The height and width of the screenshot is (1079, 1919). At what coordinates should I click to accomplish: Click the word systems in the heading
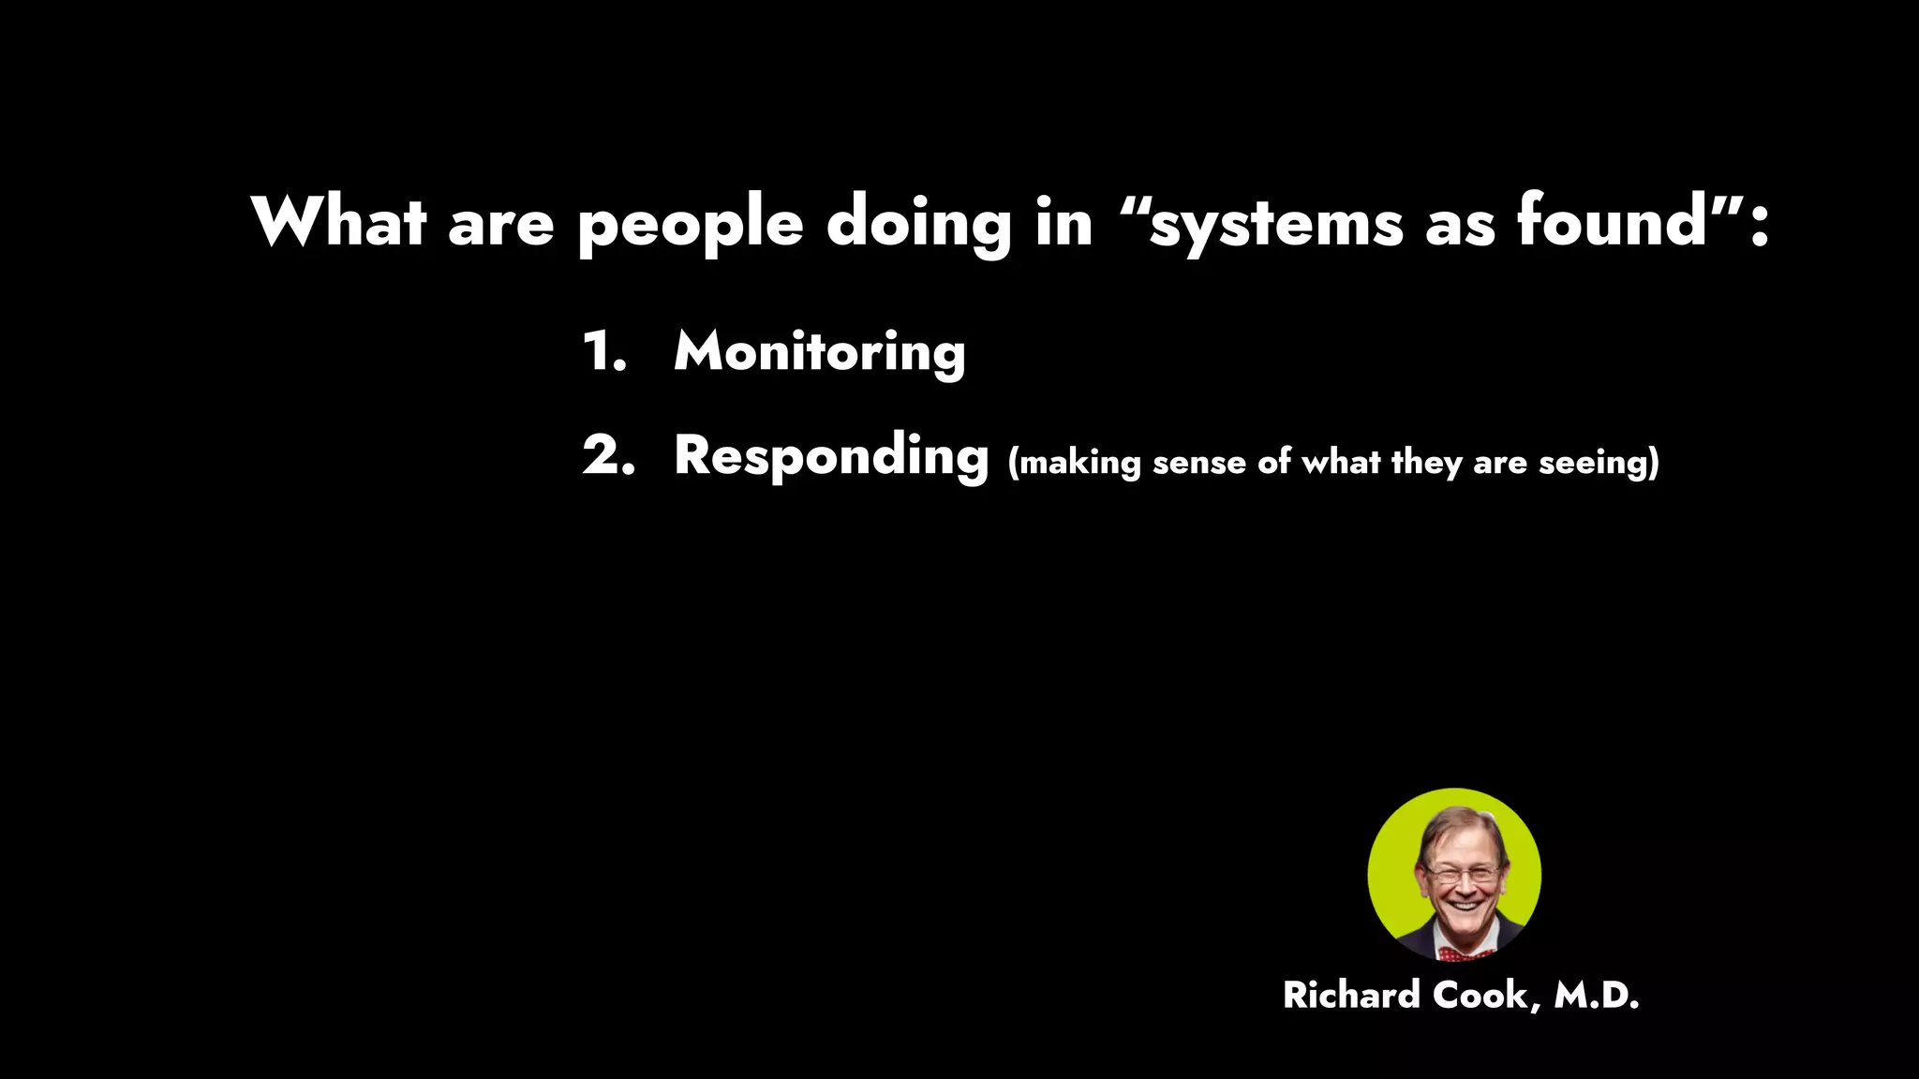pyautogui.click(x=1276, y=225)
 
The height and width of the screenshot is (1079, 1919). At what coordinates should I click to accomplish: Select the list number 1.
pyautogui.click(x=602, y=352)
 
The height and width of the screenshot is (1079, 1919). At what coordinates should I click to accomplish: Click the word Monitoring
pyautogui.click(x=819, y=352)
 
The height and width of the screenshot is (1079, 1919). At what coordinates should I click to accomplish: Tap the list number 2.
pyautogui.click(x=608, y=456)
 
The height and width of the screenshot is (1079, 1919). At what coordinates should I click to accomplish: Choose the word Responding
pyautogui.click(x=831, y=457)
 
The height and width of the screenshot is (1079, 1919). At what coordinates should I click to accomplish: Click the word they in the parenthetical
pyautogui.click(x=1426, y=463)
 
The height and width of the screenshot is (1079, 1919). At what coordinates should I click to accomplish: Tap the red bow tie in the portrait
pyautogui.click(x=1464, y=953)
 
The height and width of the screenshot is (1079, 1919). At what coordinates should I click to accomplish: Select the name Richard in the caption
pyautogui.click(x=1351, y=995)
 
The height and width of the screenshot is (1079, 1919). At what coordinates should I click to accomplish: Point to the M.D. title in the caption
pyautogui.click(x=1597, y=995)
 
